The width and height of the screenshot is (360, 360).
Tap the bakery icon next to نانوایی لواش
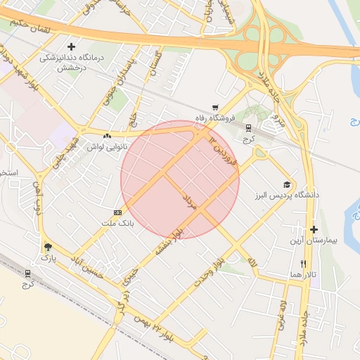[107, 136]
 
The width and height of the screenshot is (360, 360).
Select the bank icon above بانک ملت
[117, 212]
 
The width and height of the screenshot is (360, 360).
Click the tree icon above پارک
[48, 246]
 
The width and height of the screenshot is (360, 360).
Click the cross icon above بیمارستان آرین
[314, 229]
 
